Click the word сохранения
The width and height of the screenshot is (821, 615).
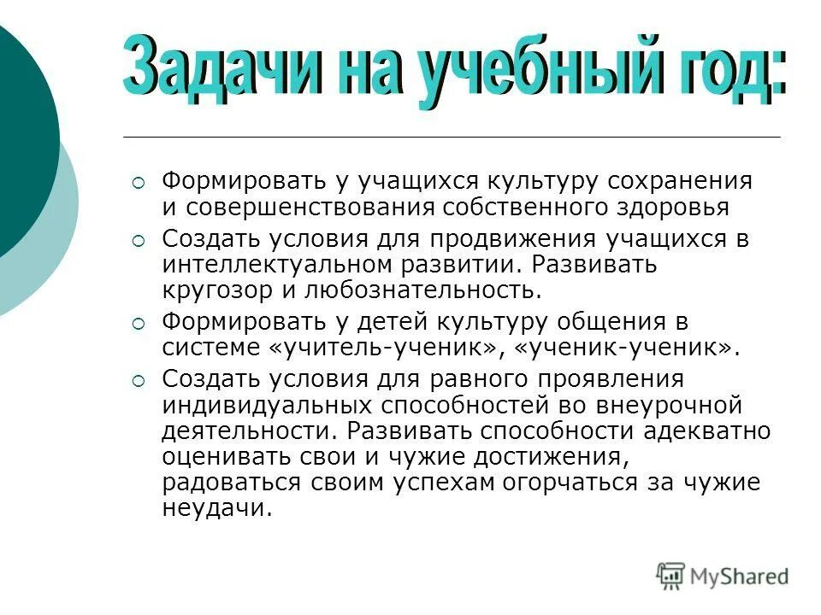(x=681, y=181)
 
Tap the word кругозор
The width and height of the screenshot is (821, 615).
(x=219, y=289)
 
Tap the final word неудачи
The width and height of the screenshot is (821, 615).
(x=217, y=507)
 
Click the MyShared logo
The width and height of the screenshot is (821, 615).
(x=724, y=575)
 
